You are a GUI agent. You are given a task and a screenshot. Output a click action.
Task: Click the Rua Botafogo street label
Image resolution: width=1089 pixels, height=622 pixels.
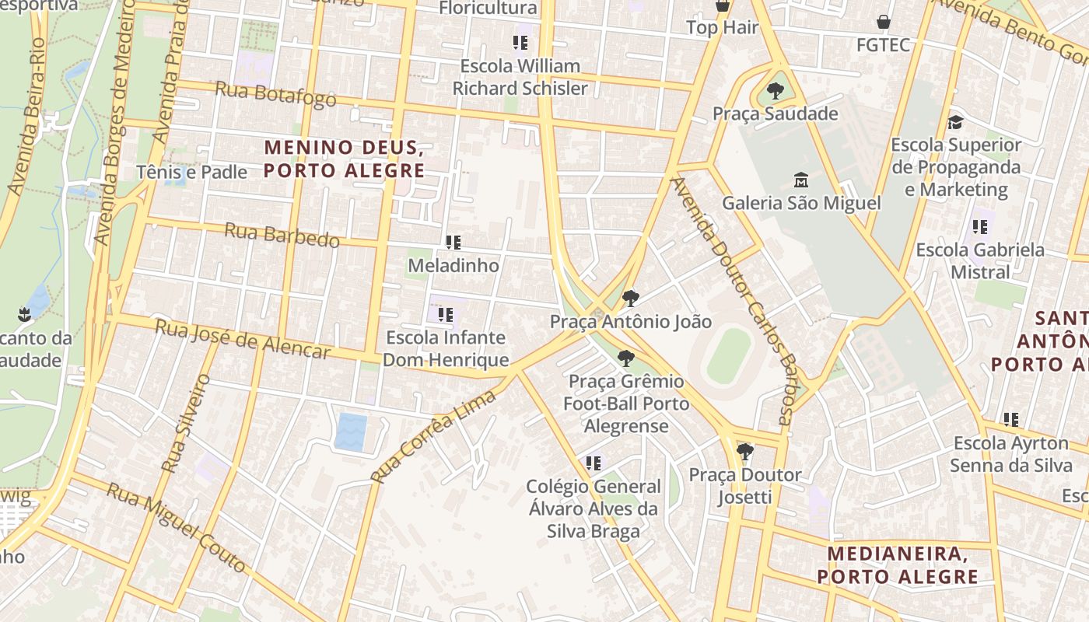[275, 94]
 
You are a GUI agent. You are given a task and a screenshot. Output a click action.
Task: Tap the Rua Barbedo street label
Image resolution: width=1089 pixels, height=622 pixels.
[282, 235]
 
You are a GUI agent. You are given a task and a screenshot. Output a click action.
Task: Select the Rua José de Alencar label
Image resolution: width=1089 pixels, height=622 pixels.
[242, 340]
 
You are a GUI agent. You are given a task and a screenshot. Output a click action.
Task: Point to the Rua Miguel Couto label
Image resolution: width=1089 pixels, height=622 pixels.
[176, 527]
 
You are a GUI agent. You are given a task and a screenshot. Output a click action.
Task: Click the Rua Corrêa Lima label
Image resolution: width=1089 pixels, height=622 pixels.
[433, 436]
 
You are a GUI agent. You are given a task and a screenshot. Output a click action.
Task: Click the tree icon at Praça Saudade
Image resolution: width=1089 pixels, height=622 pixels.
[775, 91]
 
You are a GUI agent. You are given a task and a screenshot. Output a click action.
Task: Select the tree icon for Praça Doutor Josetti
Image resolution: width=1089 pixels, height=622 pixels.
[744, 451]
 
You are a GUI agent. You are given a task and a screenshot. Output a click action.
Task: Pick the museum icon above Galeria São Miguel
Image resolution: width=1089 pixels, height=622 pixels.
[800, 180]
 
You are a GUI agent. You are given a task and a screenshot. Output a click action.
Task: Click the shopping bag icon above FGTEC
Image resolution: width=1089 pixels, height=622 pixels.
[883, 22]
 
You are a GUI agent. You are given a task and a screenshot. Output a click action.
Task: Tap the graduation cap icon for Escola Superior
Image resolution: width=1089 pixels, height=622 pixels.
[955, 122]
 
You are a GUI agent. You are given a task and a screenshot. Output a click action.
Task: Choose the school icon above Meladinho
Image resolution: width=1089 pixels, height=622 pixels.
[453, 243]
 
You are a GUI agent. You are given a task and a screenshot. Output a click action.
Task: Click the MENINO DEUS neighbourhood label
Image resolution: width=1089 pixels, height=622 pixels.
[344, 159]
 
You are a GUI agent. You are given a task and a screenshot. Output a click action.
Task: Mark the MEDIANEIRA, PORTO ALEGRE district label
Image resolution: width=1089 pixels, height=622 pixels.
[897, 565]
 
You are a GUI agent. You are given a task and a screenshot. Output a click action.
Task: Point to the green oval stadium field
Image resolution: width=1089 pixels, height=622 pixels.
[729, 355]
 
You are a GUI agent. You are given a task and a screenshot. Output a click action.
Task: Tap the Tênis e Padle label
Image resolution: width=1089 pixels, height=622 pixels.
[191, 172]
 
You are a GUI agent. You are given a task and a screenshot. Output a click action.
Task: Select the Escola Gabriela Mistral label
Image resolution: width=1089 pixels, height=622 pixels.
[979, 260]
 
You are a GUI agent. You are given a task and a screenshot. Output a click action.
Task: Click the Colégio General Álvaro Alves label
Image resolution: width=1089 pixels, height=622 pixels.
[594, 508]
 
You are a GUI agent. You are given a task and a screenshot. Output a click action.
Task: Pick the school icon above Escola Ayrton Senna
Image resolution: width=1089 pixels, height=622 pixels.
[1010, 420]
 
